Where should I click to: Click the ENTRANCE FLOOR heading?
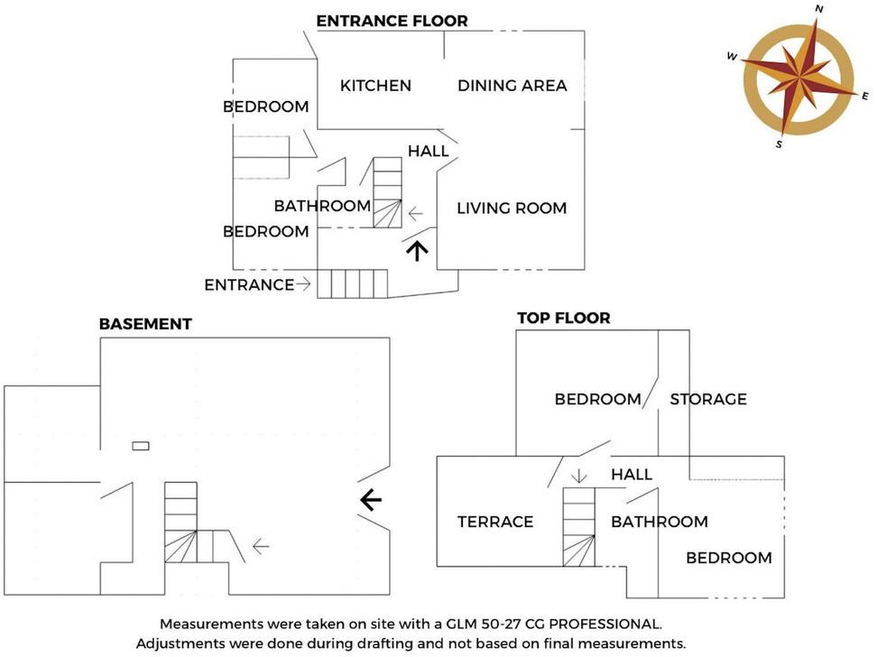[x=392, y=21]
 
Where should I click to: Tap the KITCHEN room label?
[x=375, y=86]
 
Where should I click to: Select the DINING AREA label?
[x=512, y=86]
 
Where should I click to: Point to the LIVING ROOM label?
[x=512, y=208]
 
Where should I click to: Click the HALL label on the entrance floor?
[x=429, y=151]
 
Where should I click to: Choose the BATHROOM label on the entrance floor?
[x=322, y=206]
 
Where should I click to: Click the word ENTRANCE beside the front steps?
[x=249, y=285]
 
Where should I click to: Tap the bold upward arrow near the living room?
[x=416, y=249]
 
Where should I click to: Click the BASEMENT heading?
[x=145, y=324]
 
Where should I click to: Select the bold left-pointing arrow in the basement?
[x=371, y=499]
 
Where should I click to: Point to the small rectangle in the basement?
[x=141, y=445]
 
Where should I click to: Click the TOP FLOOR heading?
[x=563, y=318]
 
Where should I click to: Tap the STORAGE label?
[x=708, y=399]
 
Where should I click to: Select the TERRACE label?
[x=495, y=522]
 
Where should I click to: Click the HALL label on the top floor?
[x=632, y=475]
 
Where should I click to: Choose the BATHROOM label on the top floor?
[x=659, y=522]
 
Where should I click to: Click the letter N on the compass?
[x=818, y=9]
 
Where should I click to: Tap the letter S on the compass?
[x=779, y=143]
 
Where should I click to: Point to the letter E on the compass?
[x=864, y=96]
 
